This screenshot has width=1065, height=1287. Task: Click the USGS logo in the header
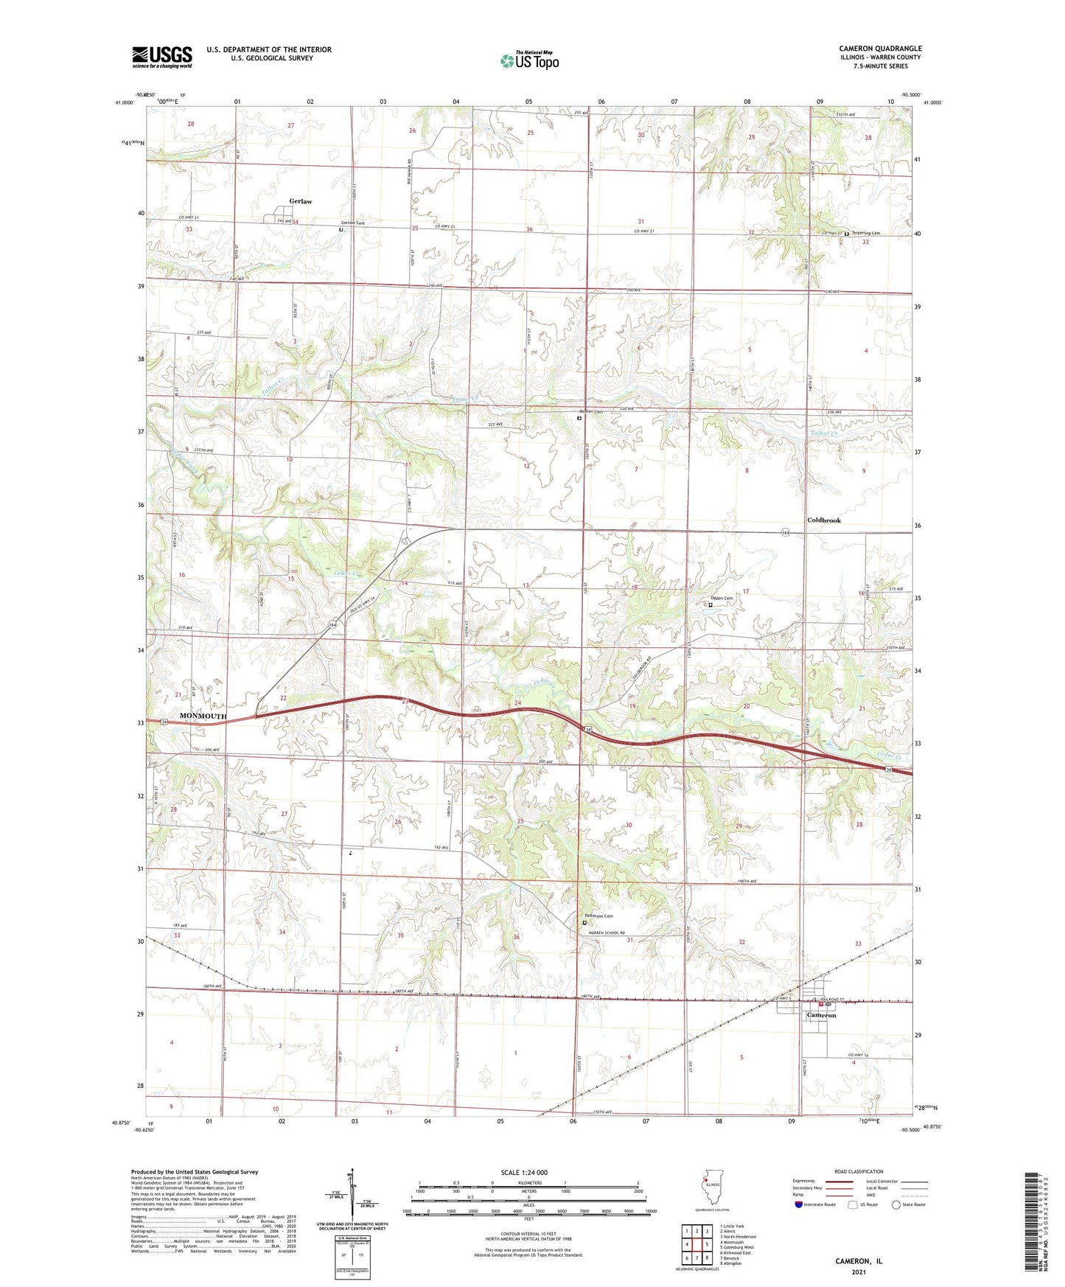point(162,57)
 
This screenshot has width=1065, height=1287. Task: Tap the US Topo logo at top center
point(528,60)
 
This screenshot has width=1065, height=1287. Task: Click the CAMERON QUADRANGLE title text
point(880,49)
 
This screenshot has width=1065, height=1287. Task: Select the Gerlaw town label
point(301,201)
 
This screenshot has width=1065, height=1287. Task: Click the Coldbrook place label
point(823,520)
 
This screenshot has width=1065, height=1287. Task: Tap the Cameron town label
point(821,1016)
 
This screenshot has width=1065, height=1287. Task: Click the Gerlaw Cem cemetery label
point(353,223)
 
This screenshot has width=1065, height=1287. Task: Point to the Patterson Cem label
point(598,916)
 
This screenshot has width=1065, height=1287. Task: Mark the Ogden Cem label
point(720,599)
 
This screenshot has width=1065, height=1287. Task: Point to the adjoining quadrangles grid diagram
point(696,1244)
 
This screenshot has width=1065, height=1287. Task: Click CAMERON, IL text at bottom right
point(858,1261)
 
